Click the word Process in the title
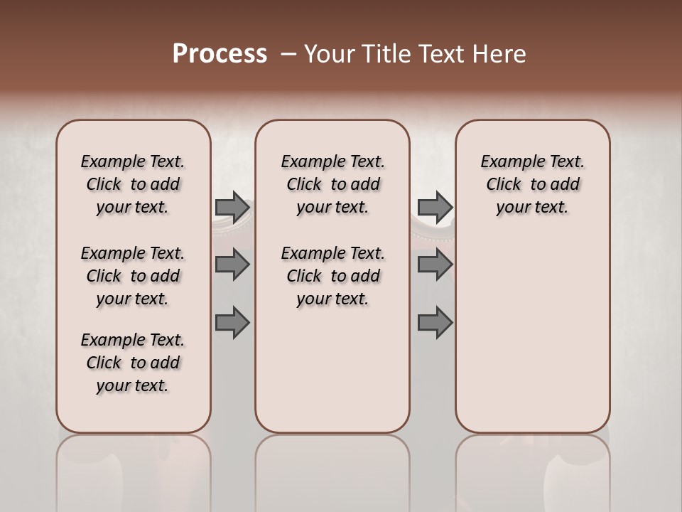tap(220, 53)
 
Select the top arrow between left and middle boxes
tap(232, 208)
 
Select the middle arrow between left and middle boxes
tap(232, 265)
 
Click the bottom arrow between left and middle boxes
tap(232, 323)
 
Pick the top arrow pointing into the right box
tap(435, 208)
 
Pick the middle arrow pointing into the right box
tap(435, 265)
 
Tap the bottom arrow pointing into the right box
tap(435, 323)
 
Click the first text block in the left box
tap(133, 184)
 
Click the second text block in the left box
tap(133, 276)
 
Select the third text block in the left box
tap(133, 363)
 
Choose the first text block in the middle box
tap(332, 184)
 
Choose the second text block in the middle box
tap(332, 276)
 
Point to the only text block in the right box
tap(532, 184)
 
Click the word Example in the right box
tap(507, 162)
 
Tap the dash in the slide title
tap(288, 53)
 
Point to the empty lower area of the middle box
tap(332, 370)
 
